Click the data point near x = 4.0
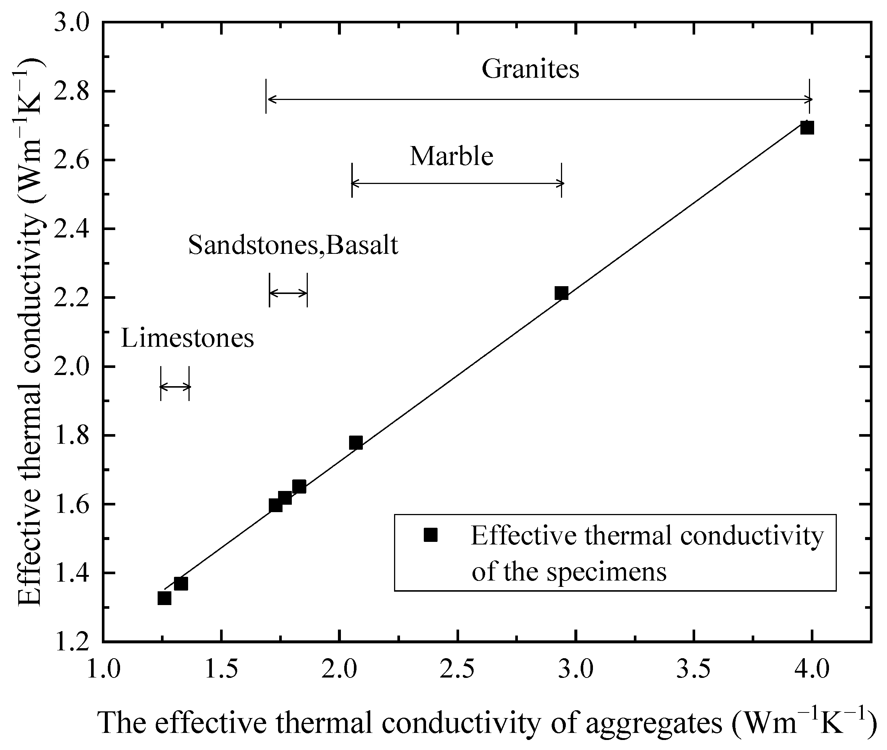pyautogui.click(x=807, y=127)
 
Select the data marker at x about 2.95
pyautogui.click(x=561, y=293)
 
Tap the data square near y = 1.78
pyautogui.click(x=355, y=443)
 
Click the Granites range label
pyautogui.click(x=530, y=69)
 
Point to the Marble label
pyautogui.click(x=451, y=156)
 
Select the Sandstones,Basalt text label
pyautogui.click(x=293, y=245)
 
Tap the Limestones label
pyautogui.click(x=187, y=339)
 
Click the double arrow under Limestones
pyautogui.click(x=175, y=387)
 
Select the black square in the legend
pyautogui.click(x=430, y=535)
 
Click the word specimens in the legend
pyautogui.click(x=606, y=572)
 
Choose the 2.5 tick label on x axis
pyautogui.click(x=457, y=670)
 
